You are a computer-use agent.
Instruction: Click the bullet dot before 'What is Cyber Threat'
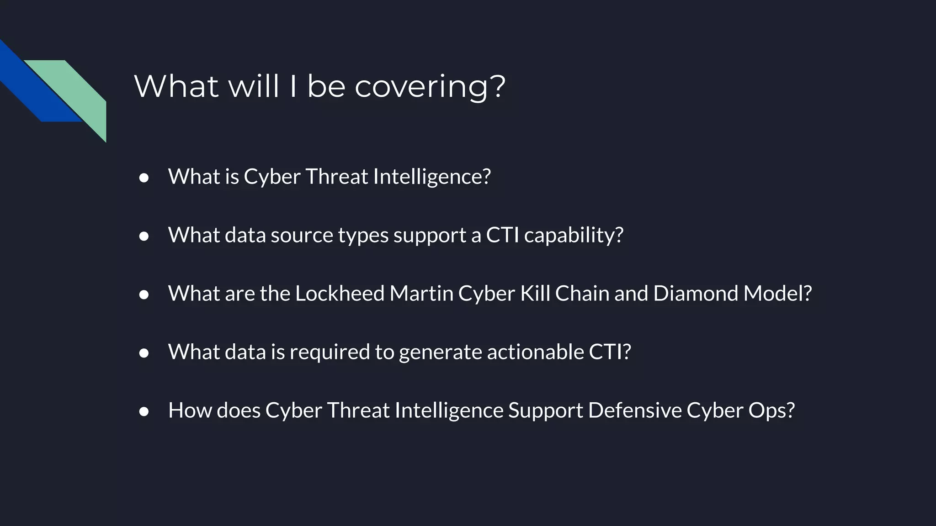pos(144,178)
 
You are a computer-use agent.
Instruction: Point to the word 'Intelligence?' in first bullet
pos(431,177)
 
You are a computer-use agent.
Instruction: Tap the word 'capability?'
pos(574,236)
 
